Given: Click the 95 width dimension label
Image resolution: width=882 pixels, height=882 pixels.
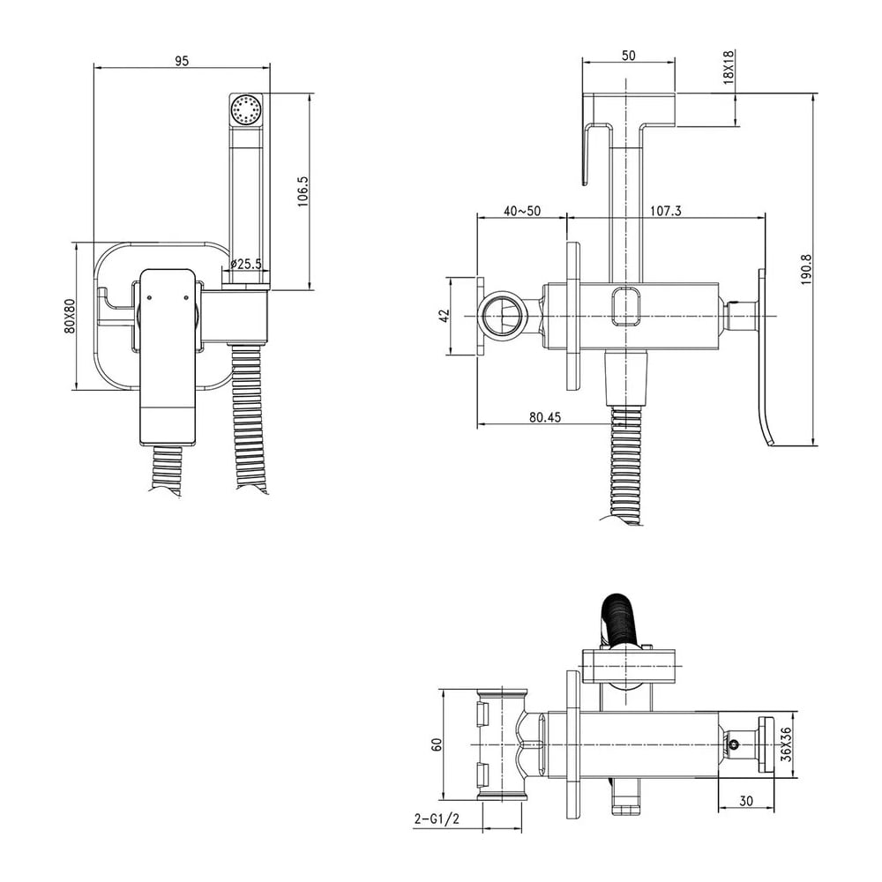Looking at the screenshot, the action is pos(181,61).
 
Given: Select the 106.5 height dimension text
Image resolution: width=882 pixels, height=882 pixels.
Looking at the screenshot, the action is pos(303,191).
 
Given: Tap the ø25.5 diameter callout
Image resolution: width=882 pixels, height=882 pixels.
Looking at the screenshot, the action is pos(246,263).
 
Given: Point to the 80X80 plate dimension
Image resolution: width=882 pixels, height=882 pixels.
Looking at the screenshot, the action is pos(70,316).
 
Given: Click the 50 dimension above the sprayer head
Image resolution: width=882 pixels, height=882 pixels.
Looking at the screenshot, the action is pos(628,55).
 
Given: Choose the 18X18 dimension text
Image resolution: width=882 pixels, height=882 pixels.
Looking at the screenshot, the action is pos(729,67).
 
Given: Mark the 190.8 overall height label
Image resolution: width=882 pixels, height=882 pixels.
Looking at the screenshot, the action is pos(806,269).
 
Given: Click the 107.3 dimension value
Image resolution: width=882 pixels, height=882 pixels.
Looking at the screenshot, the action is pos(665,211).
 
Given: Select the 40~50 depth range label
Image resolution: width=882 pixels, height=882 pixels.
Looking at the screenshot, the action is pos(522,211).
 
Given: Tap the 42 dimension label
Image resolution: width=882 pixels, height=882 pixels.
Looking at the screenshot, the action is pos(445,316).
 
